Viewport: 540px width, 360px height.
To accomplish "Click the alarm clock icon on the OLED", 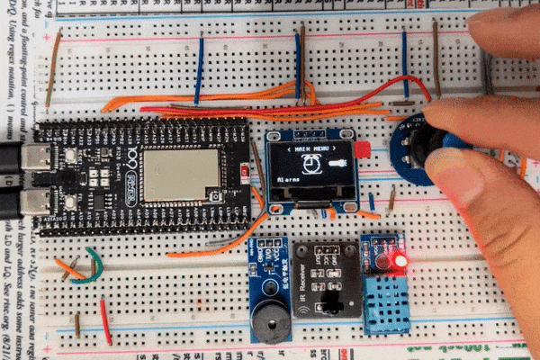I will click(x=310, y=163).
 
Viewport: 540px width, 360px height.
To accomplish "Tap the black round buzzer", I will click(x=270, y=321).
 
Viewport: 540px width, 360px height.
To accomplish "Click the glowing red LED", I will click(x=400, y=261).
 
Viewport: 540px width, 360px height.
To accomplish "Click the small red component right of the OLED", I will click(x=362, y=149).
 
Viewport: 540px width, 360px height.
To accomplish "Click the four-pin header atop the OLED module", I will click(x=310, y=132).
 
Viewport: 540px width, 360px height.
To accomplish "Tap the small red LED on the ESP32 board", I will click(x=245, y=170).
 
